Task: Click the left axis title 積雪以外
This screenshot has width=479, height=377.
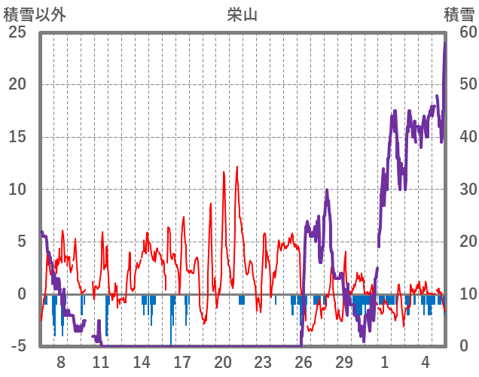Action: (x=35, y=14)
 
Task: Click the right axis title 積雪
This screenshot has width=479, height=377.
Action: (x=459, y=14)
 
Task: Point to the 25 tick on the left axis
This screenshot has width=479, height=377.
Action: (x=17, y=32)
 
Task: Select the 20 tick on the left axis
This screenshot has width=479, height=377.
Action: (x=17, y=84)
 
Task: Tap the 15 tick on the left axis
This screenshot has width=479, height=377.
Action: (x=17, y=137)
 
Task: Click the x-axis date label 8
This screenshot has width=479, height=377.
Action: (x=61, y=362)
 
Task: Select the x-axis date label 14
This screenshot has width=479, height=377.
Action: (x=142, y=362)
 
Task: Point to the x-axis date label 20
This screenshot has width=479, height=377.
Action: (x=223, y=362)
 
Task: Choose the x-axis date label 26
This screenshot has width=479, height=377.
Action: (x=304, y=362)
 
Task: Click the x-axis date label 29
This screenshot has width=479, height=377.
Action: (x=344, y=362)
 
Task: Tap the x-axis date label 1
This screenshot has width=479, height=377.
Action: (x=385, y=362)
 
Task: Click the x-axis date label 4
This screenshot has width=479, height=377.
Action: (x=426, y=362)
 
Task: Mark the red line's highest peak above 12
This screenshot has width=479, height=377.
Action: (x=237, y=167)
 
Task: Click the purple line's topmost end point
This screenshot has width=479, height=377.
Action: (x=445, y=43)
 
